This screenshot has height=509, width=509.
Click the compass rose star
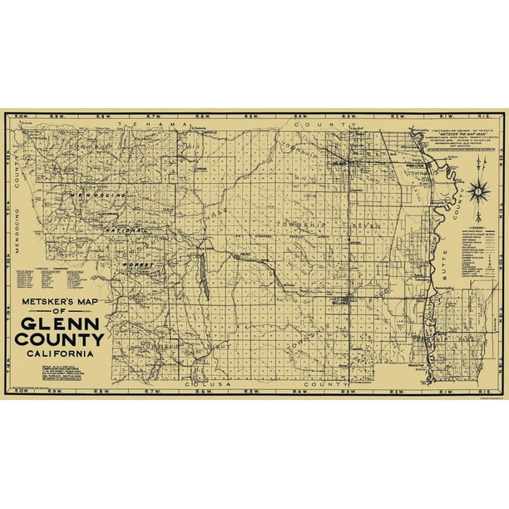(480, 193)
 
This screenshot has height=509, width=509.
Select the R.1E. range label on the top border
(484, 114)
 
